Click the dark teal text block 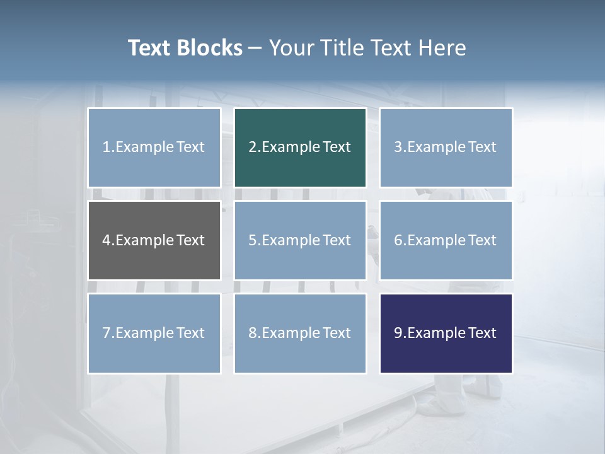pos(300,148)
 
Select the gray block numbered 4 pos(154,240)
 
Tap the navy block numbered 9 pos(446,333)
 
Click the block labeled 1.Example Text pos(154,148)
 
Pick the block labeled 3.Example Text pos(446,148)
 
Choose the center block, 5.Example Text pos(300,240)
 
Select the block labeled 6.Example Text pos(446,240)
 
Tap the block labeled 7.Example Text pos(154,333)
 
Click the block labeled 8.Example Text pos(300,333)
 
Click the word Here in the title pos(442,48)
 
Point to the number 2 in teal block pos(252,148)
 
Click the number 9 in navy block pos(398,333)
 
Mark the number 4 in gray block pos(107,240)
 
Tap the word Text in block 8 pos(337,333)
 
